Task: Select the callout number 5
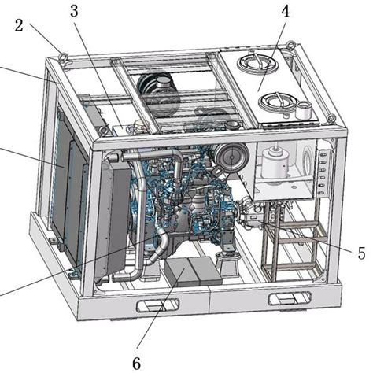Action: pyautogui.click(x=360, y=253)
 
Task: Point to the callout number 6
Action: pyautogui.click(x=136, y=364)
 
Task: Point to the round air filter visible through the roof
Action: pyautogui.click(x=157, y=85)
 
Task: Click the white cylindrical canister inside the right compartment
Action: pyautogui.click(x=275, y=166)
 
